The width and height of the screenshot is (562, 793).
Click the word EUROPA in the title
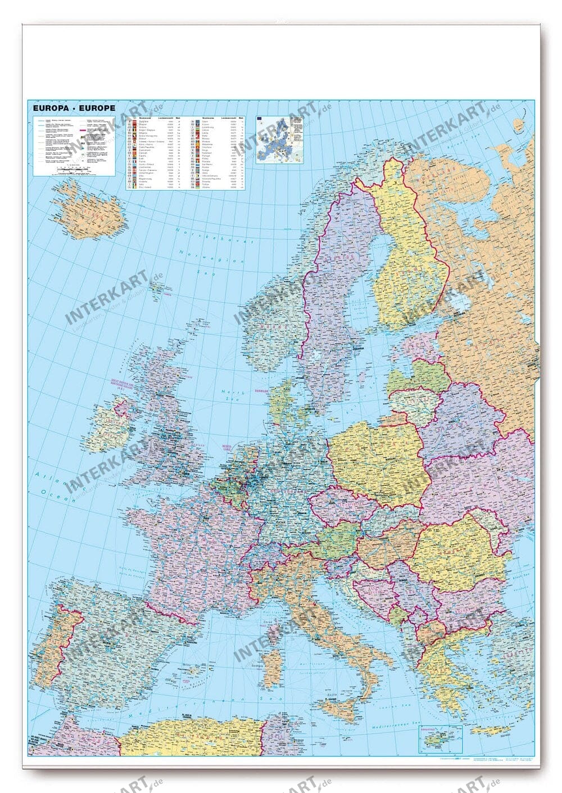coord(49,108)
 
